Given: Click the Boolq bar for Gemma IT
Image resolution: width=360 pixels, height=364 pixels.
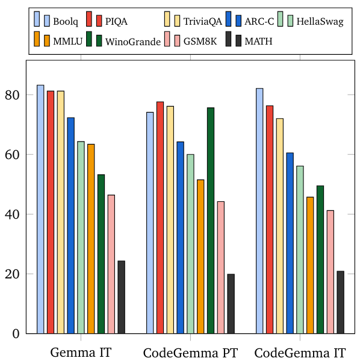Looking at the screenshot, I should (40, 209).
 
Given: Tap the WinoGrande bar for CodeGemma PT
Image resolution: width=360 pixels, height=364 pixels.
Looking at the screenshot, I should (211, 221).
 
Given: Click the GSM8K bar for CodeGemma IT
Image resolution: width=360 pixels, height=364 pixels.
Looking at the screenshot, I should (331, 272).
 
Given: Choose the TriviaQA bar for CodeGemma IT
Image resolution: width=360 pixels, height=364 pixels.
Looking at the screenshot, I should (280, 226).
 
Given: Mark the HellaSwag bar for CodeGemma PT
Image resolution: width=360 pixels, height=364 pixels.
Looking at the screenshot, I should (190, 244).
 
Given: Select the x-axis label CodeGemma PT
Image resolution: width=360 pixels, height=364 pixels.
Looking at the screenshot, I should (190, 353).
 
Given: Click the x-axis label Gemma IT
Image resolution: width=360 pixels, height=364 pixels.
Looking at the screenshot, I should (81, 353).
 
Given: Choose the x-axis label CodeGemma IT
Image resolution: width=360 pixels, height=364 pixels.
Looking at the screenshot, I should (300, 353).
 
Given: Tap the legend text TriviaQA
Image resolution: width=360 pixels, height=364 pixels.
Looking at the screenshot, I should (202, 22).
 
